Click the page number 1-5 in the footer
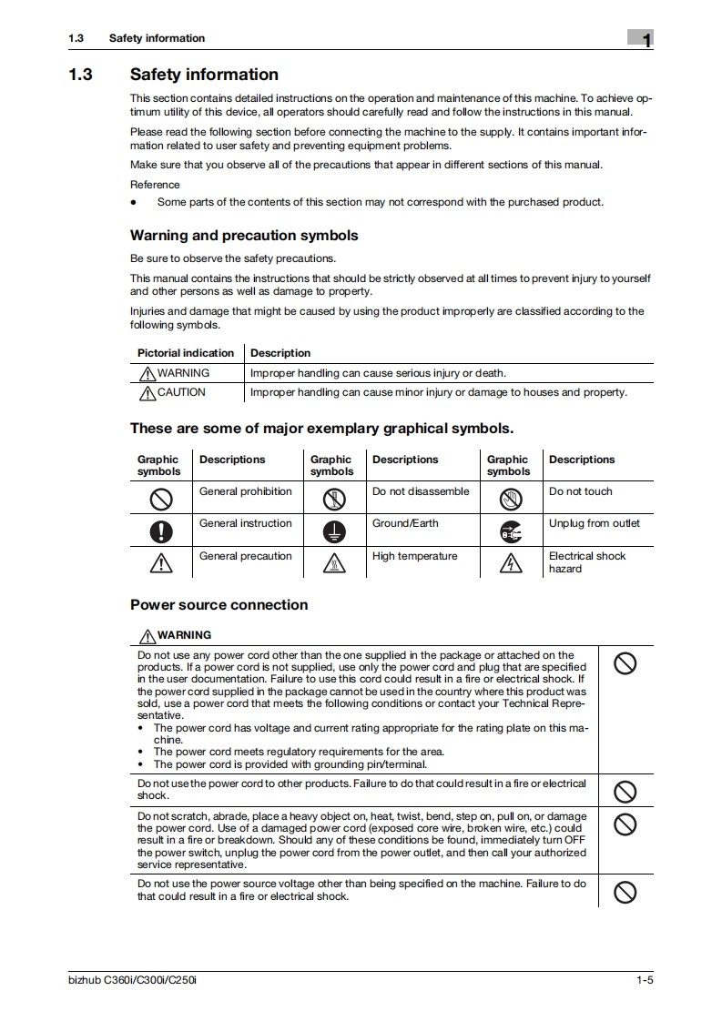click(645, 981)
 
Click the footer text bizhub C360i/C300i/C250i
click(132, 981)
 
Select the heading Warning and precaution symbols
click(244, 236)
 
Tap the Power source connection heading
click(219, 605)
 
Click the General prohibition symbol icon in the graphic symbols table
click(160, 499)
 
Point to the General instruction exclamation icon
click(160, 531)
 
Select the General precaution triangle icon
click(160, 564)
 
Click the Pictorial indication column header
click(186, 353)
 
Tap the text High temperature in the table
click(414, 556)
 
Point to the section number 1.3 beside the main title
click(80, 75)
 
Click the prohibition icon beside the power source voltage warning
click(625, 892)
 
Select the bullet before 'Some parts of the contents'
click(134, 202)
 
